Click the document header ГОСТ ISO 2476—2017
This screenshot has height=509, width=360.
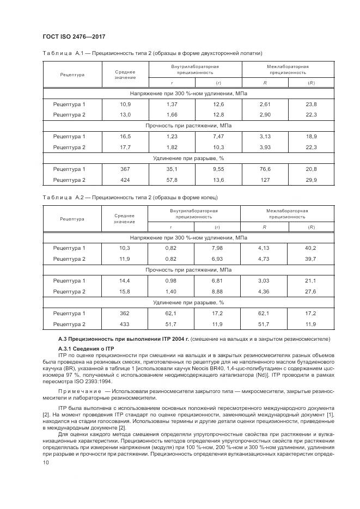pos(74,36)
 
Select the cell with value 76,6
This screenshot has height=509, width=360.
pos(265,169)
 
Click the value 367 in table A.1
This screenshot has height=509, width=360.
pos(125,169)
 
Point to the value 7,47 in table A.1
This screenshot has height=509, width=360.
pos(218,137)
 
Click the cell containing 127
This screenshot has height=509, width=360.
pos(265,180)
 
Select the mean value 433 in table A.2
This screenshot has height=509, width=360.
pos(125,324)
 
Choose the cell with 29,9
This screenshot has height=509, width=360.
pos(311,180)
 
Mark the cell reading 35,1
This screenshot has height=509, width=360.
pos(172,169)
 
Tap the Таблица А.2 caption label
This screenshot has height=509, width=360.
pos(62,197)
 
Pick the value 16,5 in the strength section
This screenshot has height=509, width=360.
pos(125,137)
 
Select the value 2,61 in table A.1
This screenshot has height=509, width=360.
pos(265,104)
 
